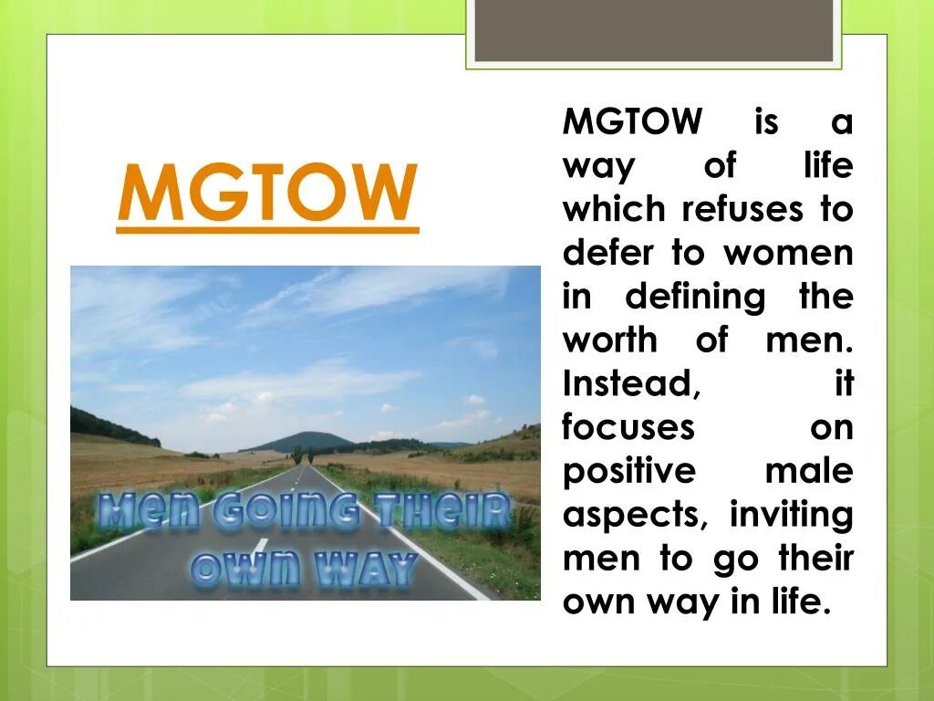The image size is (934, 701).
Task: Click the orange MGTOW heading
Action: click(x=267, y=194)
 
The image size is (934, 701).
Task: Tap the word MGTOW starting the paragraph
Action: click(x=633, y=121)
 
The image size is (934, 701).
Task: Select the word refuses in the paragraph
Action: click(x=742, y=209)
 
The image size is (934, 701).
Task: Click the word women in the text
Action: click(x=788, y=253)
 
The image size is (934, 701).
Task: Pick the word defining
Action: click(x=695, y=297)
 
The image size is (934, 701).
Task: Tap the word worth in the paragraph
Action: click(x=609, y=340)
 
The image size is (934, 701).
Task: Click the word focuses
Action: click(x=628, y=428)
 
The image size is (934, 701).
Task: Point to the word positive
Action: click(x=628, y=472)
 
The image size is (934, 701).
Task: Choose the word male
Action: click(x=808, y=472)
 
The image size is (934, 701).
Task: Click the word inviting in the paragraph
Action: click(x=791, y=516)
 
